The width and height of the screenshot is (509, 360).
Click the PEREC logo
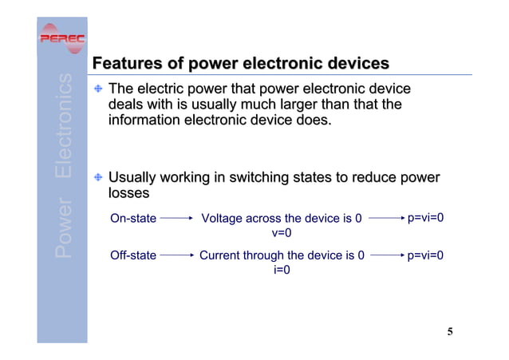point(62,40)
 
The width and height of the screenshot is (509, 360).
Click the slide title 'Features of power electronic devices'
point(241,63)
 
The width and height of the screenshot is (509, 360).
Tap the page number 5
point(450,332)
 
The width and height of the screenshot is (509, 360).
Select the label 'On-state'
point(133,218)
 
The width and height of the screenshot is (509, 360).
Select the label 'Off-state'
point(133,255)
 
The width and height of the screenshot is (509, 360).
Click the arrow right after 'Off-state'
point(176,255)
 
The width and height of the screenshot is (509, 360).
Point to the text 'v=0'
point(282,233)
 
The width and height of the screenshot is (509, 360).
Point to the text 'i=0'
point(282,271)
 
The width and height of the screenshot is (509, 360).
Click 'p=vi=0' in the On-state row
point(425,217)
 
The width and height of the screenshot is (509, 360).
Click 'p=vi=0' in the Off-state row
point(425,255)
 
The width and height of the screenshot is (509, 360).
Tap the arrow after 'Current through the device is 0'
point(385,255)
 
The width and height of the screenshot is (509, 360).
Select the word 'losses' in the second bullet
point(128,193)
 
